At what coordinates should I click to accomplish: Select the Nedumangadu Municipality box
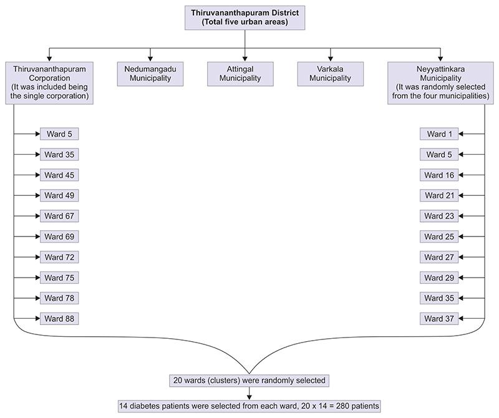coord(150,74)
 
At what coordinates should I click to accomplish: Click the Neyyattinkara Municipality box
coord(440,82)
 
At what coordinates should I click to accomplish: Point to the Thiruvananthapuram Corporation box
coord(49,82)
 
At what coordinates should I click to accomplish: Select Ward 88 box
coord(59,319)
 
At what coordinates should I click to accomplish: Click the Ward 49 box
coord(59,195)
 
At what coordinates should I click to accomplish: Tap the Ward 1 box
coord(439,134)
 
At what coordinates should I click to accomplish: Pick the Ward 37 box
coord(439,319)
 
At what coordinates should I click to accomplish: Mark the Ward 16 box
coord(439,175)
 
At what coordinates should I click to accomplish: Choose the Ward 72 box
coord(59,257)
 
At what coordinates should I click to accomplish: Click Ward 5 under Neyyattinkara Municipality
coord(439,155)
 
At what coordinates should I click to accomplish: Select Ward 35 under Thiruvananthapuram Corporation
coord(59,155)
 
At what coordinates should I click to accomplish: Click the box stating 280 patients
coord(249,406)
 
